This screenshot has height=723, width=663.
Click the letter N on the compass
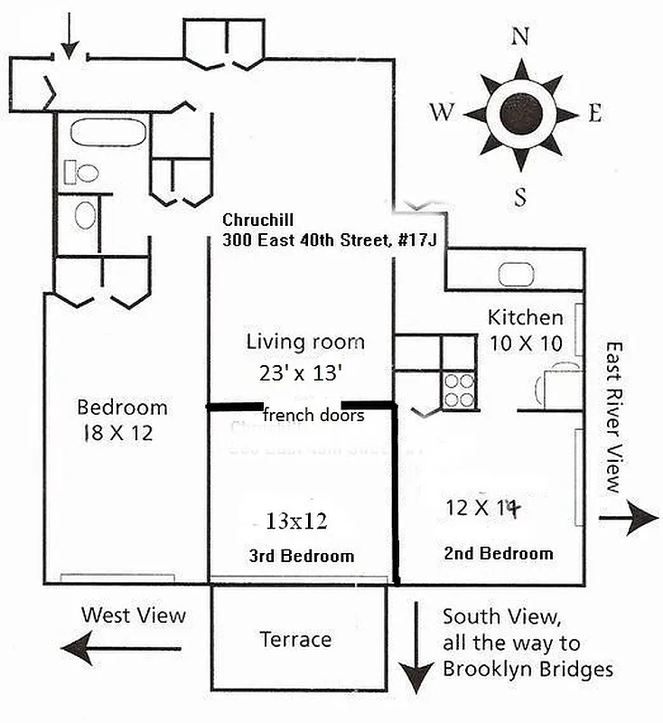pos(519,36)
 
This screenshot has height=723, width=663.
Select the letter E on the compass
pos(594,113)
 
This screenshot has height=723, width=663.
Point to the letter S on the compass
pos(519,197)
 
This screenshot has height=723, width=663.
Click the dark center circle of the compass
pos(519,114)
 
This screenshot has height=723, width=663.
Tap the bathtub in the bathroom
pos(107,134)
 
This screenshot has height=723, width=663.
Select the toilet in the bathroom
pos(86,172)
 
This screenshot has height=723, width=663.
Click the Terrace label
pos(295,639)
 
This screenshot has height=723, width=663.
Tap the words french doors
pos(313,416)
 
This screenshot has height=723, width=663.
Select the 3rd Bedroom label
pos(301,556)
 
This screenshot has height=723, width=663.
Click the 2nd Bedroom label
pos(499,553)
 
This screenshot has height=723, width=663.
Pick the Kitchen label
pos(525,317)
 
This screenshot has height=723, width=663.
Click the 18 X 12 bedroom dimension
pos(117,433)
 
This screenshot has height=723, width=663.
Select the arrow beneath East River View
pos(629,519)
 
